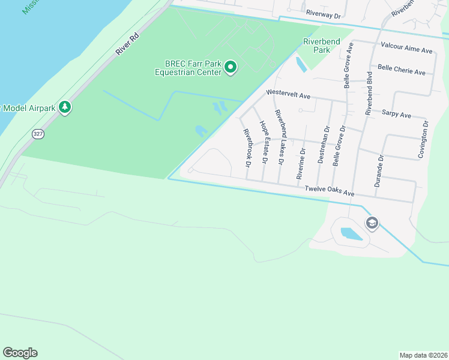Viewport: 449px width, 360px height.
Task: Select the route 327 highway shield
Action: pyautogui.click(x=38, y=134)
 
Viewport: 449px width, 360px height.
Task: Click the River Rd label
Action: pyautogui.click(x=127, y=44)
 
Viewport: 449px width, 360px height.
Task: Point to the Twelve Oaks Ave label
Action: pyautogui.click(x=330, y=191)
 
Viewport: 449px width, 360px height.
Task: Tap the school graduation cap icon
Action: pyautogui.click(x=372, y=224)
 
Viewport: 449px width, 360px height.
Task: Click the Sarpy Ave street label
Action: pyautogui.click(x=396, y=114)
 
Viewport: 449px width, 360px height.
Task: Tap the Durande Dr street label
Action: pyautogui.click(x=379, y=170)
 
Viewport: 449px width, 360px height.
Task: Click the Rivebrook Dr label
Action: pyautogui.click(x=246, y=145)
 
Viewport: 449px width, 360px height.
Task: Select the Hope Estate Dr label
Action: pyautogui.click(x=263, y=142)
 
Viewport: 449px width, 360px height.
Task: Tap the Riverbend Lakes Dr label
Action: pyautogui.click(x=279, y=137)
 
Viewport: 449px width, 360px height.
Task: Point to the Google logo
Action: pyautogui.click(x=20, y=353)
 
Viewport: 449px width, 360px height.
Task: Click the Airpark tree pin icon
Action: pyautogui.click(x=65, y=108)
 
